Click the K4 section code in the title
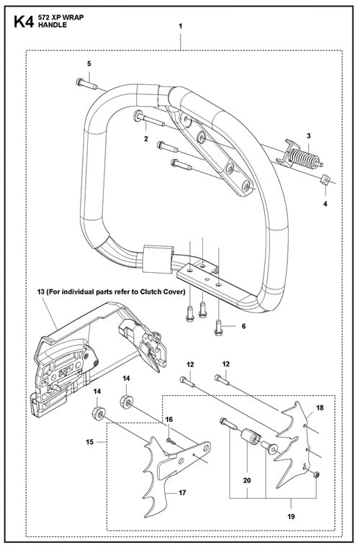pos(24,22)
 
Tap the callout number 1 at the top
pos(180,27)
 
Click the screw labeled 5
pos(87,84)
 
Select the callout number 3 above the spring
pos(308,136)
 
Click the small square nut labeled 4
pos(325,180)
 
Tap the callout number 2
pos(146,139)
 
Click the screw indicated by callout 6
pos(218,328)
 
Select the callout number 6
pos(243,326)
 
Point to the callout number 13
pos(41,292)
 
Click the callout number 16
pos(169,420)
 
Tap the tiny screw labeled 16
pos(171,441)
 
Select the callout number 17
pos(182,493)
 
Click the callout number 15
pos(90,442)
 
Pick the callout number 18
pos(320,407)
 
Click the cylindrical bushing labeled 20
pos(250,437)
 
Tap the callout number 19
pos(291,516)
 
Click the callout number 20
pos(247,480)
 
